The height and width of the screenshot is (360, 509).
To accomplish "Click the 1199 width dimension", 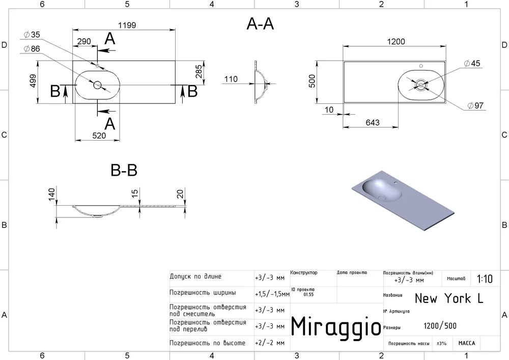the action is coord(127,25).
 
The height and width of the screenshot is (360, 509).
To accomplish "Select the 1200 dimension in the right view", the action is coord(396,42).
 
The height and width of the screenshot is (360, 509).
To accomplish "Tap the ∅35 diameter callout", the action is coord(32,35).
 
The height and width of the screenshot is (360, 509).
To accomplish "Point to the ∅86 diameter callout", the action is coord(32,49).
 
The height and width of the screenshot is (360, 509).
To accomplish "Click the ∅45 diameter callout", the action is coord(472,63).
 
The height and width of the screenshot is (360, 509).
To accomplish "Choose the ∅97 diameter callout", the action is coord(475,105).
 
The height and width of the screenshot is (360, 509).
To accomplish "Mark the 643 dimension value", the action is coord(373,123).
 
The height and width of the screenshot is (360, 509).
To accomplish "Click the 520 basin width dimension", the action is coord(99,135).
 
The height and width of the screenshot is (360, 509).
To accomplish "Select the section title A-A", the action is coord(260,24).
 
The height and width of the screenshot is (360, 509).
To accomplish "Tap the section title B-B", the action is coord(124,170).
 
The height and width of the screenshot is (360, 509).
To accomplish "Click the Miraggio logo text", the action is coord(336,326).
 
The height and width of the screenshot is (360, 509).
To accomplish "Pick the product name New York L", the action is coord(449,298).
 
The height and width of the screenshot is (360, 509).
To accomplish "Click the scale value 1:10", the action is coord(485,279).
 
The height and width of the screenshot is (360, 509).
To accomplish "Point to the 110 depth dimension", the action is coord(231,79).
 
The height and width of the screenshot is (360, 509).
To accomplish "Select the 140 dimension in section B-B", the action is coord(51,195).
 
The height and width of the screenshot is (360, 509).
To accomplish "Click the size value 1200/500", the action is coord(440,325).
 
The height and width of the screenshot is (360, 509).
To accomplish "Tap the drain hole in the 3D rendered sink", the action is coord(381,197).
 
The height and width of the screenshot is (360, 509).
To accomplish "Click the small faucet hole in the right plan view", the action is coord(421,66).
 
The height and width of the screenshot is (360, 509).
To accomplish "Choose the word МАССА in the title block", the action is coord(467,343).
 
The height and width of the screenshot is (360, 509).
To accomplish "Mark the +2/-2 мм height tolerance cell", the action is coord(270,343).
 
